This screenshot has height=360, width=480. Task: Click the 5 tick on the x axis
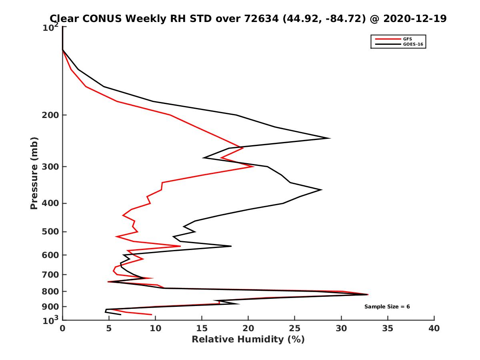[109, 328]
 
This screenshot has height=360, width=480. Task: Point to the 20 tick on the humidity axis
[248, 328]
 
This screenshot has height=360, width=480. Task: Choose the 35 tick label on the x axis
[388, 328]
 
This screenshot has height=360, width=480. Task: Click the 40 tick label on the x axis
[434, 328]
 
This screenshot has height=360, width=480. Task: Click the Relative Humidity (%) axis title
[248, 340]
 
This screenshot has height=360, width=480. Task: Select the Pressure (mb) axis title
[34, 173]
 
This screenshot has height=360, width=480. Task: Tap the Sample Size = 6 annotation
[387, 307]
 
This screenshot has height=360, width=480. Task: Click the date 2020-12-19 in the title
[414, 19]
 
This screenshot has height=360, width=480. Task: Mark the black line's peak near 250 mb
[330, 138]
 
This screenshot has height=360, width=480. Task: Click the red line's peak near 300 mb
[254, 166]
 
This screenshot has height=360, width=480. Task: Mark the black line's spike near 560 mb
[231, 246]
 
